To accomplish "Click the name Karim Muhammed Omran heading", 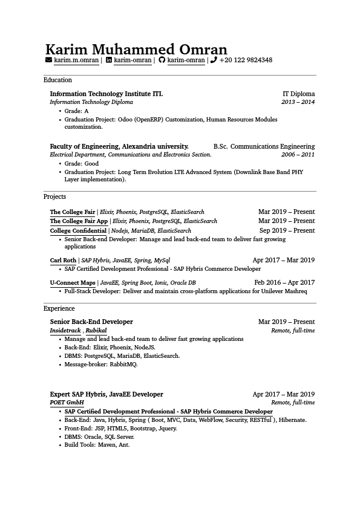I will tap(136, 49).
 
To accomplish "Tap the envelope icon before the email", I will tap(48, 60).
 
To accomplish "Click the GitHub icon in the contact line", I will tap(162, 60).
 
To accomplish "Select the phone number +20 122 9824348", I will tap(246, 60).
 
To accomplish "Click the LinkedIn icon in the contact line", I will tap(109, 60).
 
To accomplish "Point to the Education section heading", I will tap(57, 80).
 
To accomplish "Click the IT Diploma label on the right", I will tap(298, 94).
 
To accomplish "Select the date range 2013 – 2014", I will tap(298, 102).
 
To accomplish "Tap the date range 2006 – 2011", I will tap(298, 155).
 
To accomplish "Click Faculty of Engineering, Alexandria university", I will tap(119, 146).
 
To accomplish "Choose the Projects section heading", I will tap(54, 196).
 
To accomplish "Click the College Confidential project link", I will tap(78, 230).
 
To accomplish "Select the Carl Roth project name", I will tap(63, 261).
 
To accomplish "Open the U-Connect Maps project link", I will tap(73, 282).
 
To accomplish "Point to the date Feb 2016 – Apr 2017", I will tap(284, 282).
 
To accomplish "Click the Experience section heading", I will tap(59, 308).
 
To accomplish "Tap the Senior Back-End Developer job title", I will tap(91, 322).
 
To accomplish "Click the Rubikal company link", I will tap(96, 331).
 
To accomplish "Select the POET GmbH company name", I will tap(67, 402).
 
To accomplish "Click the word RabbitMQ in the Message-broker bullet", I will tap(123, 365).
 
